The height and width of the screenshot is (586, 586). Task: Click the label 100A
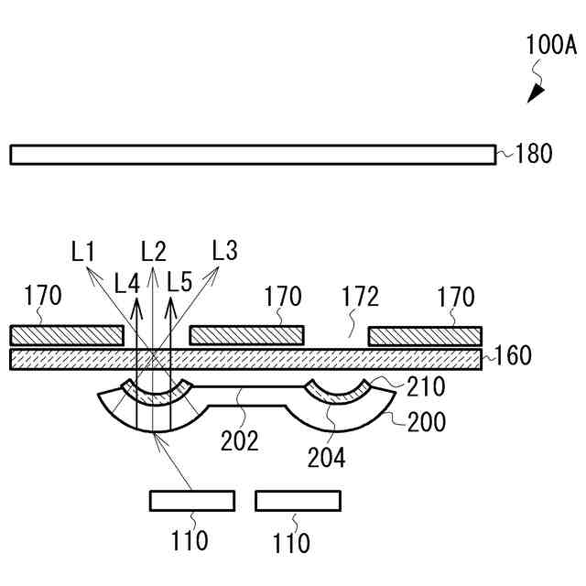tap(551, 44)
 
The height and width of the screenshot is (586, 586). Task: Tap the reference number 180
tap(534, 153)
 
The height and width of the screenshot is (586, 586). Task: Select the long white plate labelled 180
tap(253, 154)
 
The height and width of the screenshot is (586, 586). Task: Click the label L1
tap(85, 250)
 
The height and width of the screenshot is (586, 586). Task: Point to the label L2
tap(153, 250)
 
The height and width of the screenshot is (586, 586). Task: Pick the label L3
tap(224, 249)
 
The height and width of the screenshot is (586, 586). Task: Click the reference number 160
tap(513, 355)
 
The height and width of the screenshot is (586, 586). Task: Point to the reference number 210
tap(427, 386)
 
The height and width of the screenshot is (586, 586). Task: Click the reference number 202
tap(239, 439)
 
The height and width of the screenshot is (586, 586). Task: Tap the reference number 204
tap(326, 455)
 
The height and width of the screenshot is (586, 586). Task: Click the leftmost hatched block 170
tap(66, 335)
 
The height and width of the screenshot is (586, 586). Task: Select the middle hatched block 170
tap(245, 335)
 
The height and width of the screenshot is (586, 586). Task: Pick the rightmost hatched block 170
tap(425, 335)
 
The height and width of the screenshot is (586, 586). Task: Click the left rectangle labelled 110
tap(192, 500)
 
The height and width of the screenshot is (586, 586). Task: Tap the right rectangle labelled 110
tap(298, 500)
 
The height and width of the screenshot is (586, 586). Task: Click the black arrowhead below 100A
tap(536, 92)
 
